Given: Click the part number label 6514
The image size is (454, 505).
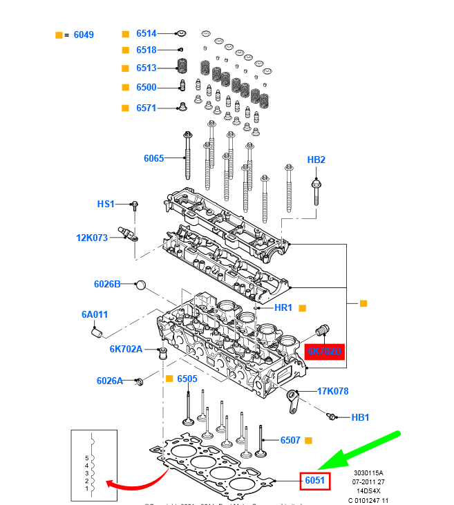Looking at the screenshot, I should tap(146, 33).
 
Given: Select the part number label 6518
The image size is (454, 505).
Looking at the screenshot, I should tap(146, 50).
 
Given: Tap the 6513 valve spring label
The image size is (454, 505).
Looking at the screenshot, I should tap(146, 68).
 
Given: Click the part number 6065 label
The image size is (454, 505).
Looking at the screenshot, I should tap(153, 158).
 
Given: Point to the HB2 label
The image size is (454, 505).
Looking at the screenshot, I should tap(316, 160).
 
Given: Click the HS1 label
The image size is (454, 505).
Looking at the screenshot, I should tap(106, 204).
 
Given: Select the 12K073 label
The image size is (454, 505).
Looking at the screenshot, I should tap(92, 238).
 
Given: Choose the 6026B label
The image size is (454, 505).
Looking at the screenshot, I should tap(107, 284).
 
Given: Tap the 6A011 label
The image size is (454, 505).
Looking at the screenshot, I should tap(95, 314).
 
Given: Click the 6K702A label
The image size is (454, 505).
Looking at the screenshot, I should tap(126, 349).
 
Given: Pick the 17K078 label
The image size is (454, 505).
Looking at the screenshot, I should tap(332, 391).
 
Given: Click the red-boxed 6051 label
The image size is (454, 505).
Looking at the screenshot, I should tap(315, 480).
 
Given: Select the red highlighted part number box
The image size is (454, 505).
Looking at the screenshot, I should tap(323, 352).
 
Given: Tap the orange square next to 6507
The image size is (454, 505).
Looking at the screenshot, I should tap(308, 440).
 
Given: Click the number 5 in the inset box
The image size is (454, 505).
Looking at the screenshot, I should tap(87, 458).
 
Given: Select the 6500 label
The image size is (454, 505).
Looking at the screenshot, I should tap(146, 87).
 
